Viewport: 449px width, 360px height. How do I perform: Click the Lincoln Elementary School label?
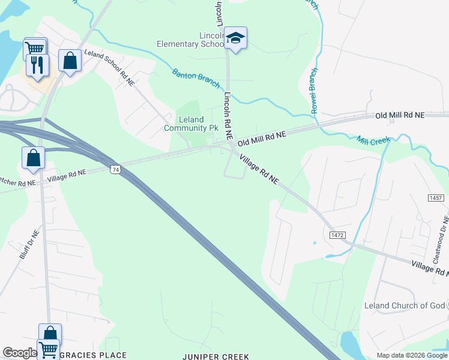190,40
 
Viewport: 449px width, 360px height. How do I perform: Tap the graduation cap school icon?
236,38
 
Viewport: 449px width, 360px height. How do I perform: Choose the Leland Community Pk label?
191,124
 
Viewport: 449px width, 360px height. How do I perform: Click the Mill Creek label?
373,140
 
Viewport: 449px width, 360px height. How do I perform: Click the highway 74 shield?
115,170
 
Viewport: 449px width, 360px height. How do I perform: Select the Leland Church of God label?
405,305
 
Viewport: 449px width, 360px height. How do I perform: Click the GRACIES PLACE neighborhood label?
93,355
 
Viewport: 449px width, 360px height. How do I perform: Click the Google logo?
20,353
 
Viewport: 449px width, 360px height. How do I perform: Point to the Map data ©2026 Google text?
411,355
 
